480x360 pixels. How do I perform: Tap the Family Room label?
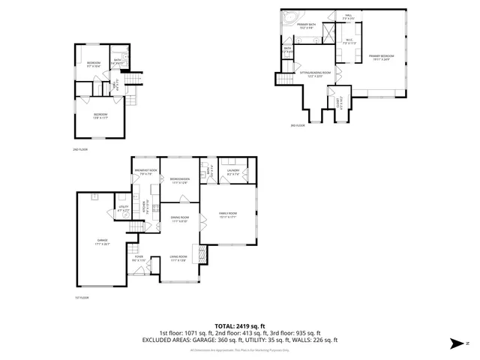click(227, 216)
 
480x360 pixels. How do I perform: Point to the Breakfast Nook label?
click(145, 172)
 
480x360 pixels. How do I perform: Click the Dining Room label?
click(179, 220)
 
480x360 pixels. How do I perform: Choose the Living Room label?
click(178, 258)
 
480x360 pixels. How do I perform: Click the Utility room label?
click(124, 208)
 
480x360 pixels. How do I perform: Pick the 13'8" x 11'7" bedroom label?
click(100, 115)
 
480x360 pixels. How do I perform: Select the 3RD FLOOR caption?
click(299, 126)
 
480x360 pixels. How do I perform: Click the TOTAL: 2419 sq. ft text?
click(239, 325)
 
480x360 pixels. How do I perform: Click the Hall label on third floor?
click(349, 16)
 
